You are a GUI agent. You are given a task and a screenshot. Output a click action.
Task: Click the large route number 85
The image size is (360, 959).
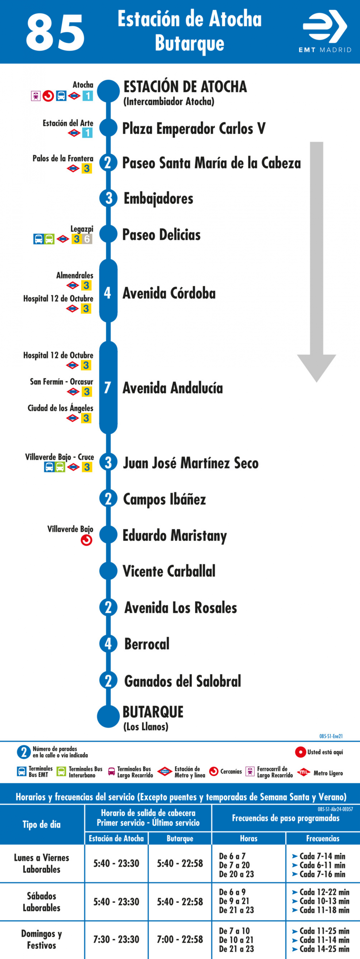coord(55,32)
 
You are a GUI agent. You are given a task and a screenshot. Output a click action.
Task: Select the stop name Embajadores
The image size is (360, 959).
coord(158,199)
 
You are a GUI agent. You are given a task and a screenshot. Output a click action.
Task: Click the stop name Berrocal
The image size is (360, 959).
coord(147,644)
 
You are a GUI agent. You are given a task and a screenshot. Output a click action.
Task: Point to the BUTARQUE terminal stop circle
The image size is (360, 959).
coord(108,716)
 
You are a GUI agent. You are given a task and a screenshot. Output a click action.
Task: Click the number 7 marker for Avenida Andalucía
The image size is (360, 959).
coord(108,387)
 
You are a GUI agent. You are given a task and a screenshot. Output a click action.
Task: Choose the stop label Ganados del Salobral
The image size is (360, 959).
coord(182,681)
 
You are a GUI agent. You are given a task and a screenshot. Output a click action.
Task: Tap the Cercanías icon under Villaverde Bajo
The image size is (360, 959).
coord(86,540)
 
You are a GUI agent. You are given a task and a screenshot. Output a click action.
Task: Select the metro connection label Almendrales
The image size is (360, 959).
coord(74,275)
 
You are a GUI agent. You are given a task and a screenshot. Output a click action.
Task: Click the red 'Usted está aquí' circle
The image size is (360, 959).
coord(301,752)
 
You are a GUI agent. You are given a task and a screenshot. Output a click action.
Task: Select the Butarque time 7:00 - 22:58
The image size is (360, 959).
coord(180,939)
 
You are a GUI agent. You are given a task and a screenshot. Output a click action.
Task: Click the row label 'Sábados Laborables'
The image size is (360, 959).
coord(41,902)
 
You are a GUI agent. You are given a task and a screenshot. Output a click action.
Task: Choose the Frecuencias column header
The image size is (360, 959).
coord(322,838)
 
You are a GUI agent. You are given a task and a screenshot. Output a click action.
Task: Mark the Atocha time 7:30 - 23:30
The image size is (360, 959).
coord(116,939)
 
